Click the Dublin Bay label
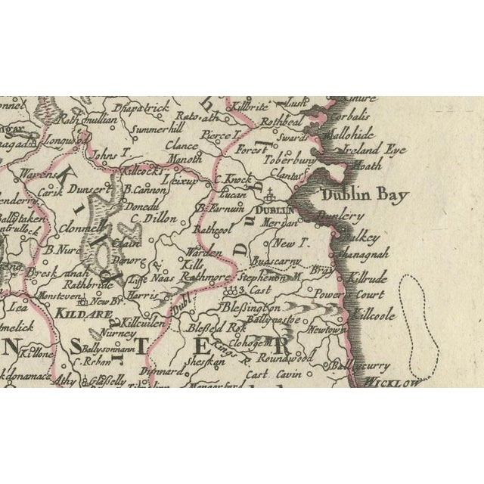365,195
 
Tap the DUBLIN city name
274,211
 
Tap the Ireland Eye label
374,150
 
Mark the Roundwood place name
281,358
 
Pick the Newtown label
326,330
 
